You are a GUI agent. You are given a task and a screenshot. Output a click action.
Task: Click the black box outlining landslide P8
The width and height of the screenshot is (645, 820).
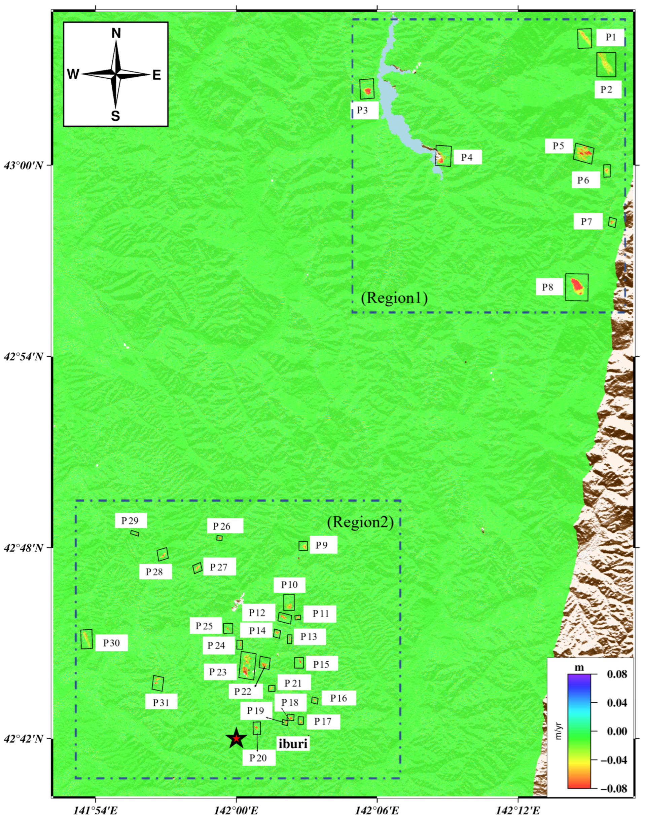point(577,287)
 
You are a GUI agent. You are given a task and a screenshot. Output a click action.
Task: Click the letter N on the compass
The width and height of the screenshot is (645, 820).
point(116,34)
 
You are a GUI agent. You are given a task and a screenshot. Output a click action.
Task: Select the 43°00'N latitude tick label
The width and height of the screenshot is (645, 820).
point(24,165)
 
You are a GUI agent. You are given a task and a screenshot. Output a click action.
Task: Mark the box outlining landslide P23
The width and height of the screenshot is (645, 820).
point(248,666)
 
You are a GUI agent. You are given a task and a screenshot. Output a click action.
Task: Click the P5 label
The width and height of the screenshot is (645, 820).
point(559,146)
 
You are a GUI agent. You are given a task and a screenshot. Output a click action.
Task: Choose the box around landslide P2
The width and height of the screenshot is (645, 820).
point(606,65)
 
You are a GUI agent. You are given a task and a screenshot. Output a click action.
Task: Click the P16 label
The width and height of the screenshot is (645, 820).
point(339,698)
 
